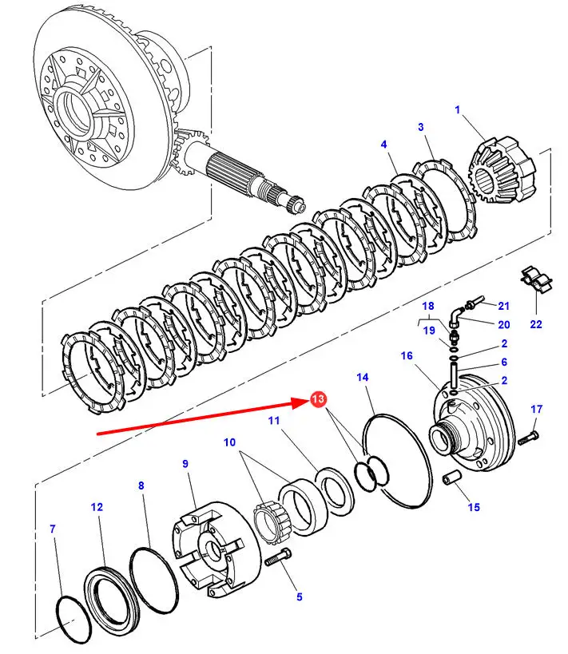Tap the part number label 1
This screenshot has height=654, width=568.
[458, 110]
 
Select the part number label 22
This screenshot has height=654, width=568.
[536, 323]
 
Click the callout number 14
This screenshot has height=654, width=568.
[363, 377]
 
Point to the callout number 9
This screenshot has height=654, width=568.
[185, 464]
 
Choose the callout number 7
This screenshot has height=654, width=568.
[53, 529]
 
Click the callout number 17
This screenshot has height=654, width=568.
[536, 410]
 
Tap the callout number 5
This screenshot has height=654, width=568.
[300, 596]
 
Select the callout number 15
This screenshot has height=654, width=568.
[474, 507]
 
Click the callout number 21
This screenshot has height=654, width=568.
[503, 305]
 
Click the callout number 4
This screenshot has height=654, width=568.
[384, 145]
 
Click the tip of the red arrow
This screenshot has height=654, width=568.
[308, 404]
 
